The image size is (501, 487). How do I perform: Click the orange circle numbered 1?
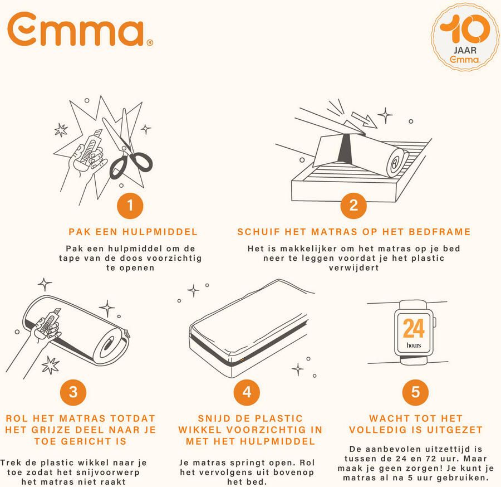click(x=130, y=207)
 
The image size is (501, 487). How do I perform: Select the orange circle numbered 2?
click(x=353, y=207)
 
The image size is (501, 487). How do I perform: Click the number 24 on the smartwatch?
click(x=414, y=329)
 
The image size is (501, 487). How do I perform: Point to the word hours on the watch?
click(x=414, y=345)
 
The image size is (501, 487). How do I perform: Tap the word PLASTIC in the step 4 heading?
click(x=283, y=418)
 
